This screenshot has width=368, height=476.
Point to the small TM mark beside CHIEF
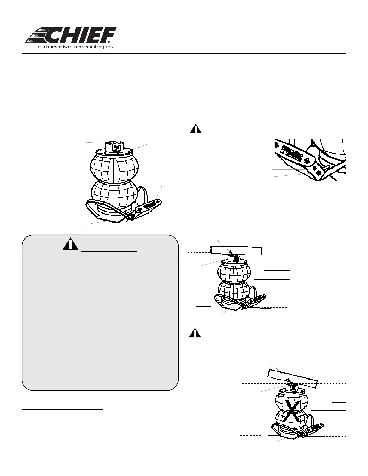tap(110, 42)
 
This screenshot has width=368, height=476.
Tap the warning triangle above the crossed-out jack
tap(195, 333)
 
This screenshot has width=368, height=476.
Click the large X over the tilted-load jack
tap(292, 410)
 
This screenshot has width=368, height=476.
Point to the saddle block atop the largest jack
tap(113, 147)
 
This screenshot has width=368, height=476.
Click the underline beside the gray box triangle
tap(109, 250)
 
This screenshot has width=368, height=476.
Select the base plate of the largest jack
tap(108, 218)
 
